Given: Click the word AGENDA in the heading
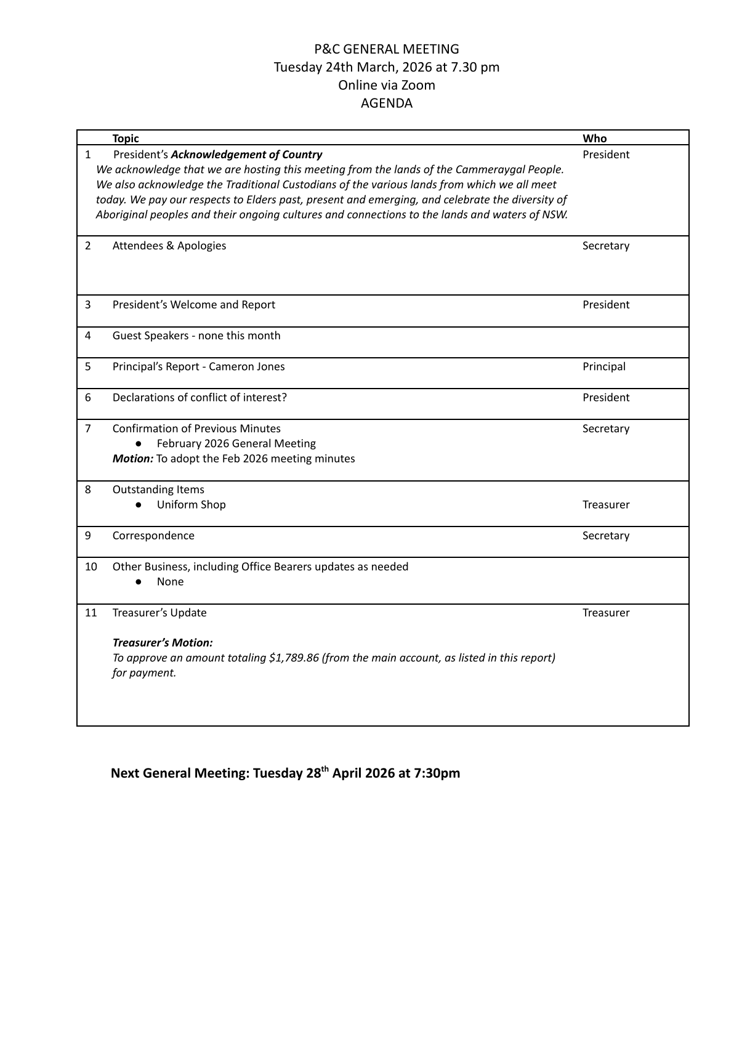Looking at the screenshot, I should coord(386,103).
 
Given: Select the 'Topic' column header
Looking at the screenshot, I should coord(126,139).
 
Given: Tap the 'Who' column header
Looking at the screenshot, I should coord(594,139).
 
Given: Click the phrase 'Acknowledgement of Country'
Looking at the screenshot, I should coord(246,155).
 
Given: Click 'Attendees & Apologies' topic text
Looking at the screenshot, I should coord(169,246).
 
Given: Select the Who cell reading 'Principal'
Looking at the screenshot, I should coord(603,366).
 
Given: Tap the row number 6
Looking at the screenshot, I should coord(88,397).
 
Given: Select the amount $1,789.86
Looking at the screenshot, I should coord(294,658).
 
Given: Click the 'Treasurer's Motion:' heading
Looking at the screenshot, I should coord(163,643).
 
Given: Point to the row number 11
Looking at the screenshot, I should coord(91,613).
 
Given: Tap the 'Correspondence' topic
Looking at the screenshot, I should coord(153,536).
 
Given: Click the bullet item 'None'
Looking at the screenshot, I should coord(170,582).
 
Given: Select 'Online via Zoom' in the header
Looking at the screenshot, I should coord(386,85).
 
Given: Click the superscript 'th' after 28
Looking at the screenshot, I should coord(325,769).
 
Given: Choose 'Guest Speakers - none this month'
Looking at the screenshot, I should coord(196,336).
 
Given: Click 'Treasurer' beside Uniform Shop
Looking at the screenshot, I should coord(606,505).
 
